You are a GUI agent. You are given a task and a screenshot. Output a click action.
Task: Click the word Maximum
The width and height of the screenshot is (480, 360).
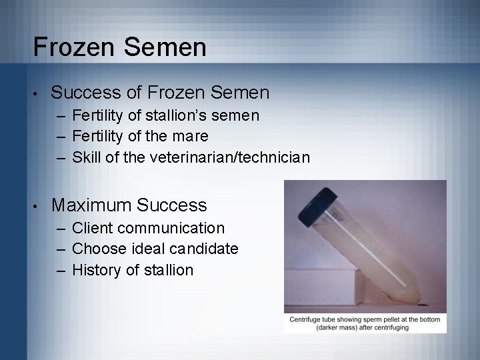[95, 204]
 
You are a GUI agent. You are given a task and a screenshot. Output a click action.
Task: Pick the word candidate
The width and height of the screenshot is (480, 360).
[207, 249]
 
